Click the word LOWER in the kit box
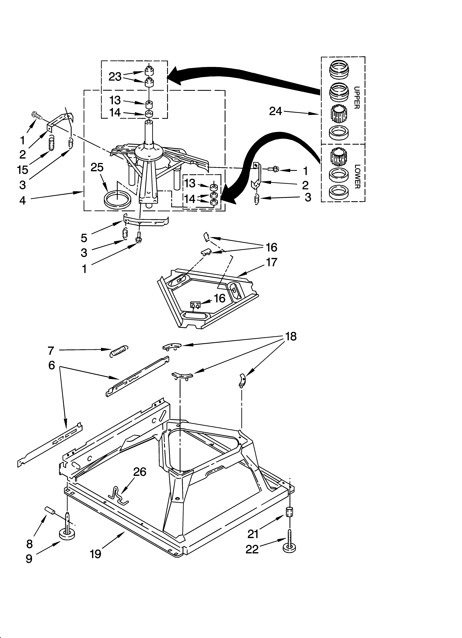[x=357, y=177]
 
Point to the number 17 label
[x=272, y=262]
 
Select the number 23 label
[x=115, y=76]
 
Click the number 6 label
[x=51, y=365]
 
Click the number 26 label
[x=140, y=472]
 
